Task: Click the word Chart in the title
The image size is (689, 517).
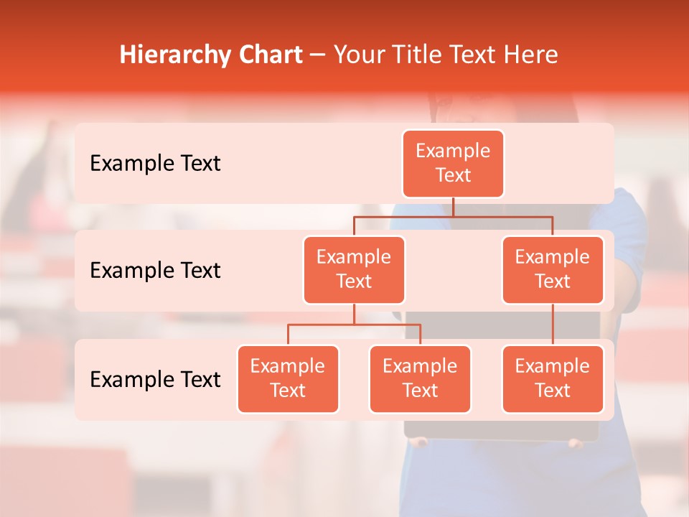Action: (270, 55)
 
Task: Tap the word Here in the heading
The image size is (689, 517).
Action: (532, 55)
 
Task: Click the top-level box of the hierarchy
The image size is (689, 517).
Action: (453, 164)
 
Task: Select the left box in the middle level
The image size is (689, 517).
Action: (354, 270)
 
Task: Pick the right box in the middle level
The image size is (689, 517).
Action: (553, 270)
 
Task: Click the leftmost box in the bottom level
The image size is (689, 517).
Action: (288, 379)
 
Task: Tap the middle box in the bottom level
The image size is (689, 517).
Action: (420, 379)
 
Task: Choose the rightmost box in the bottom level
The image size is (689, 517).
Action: (553, 379)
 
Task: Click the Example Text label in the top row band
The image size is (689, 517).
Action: (155, 164)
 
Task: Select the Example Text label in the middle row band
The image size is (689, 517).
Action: (155, 271)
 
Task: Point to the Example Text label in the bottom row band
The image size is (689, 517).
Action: (155, 379)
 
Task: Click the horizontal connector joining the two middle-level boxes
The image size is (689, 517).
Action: (453, 216)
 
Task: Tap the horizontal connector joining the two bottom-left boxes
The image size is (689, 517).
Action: (354, 325)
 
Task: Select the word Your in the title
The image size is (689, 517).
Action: (358, 55)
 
